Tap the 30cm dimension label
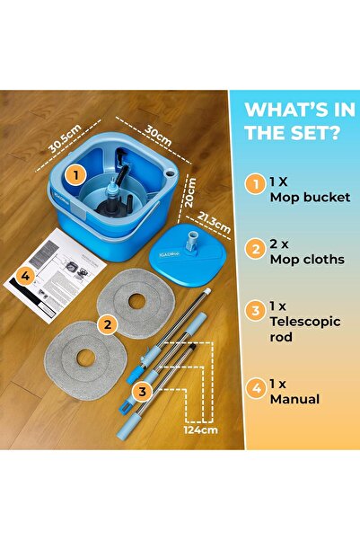click(x=159, y=134)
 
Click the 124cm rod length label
click(x=202, y=429)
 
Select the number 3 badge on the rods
click(x=141, y=392)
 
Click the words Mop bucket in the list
click(x=310, y=197)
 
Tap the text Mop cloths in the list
click(x=307, y=259)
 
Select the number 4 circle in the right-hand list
click(x=257, y=390)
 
